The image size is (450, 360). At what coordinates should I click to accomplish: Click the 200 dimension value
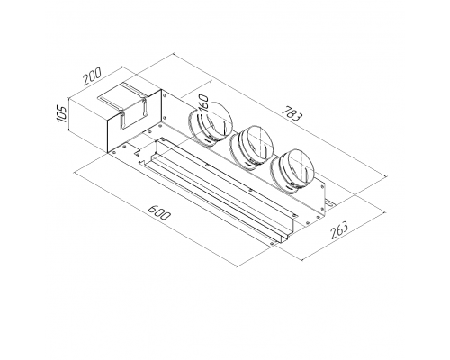coord(92,76)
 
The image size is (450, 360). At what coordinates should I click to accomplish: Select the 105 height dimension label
coord(62,113)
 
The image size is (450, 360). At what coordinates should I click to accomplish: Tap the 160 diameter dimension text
coord(203,103)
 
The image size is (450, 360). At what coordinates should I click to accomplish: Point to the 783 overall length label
coord(292,112)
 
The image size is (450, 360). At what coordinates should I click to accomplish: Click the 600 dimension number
coord(160,212)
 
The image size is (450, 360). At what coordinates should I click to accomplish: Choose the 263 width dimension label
coord(339,230)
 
